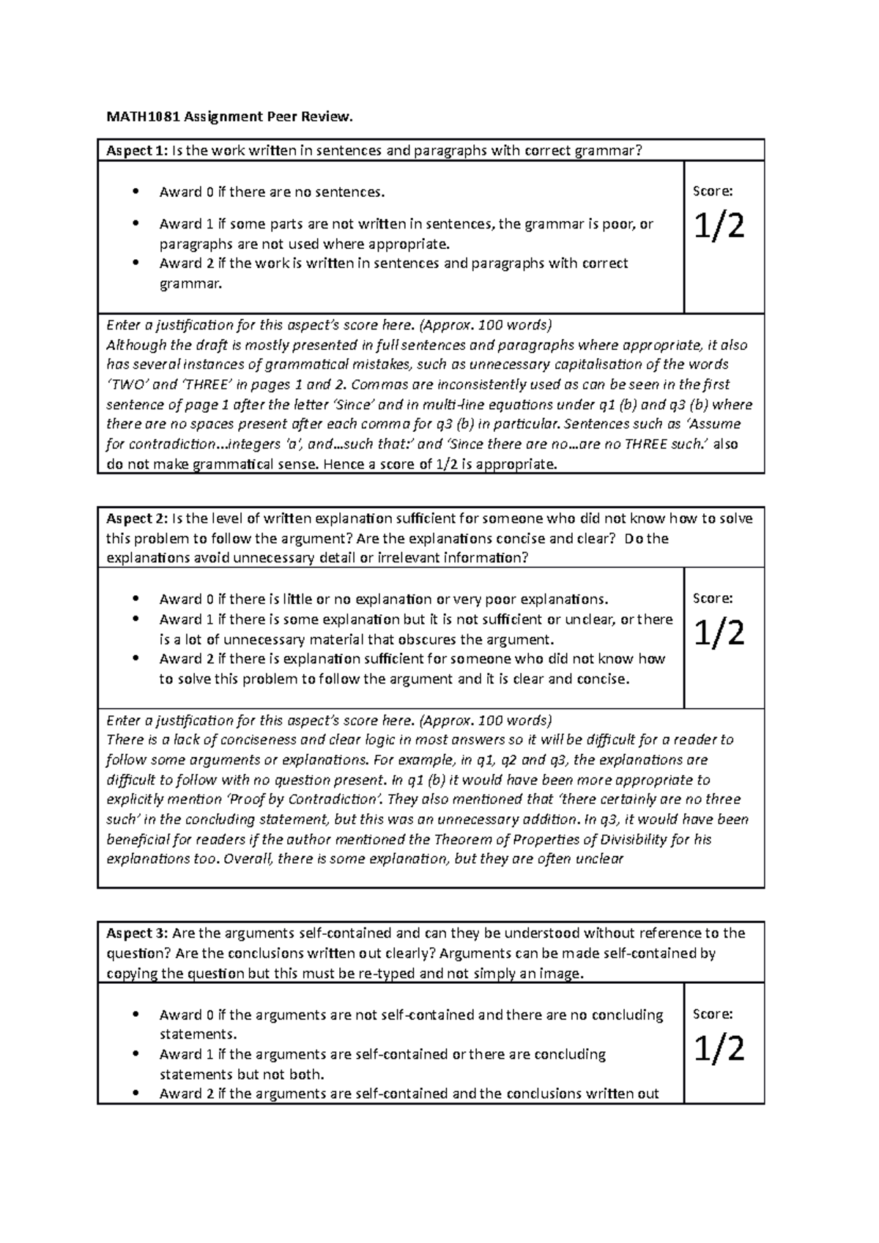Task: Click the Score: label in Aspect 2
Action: [x=713, y=599]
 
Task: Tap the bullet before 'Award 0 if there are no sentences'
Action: [x=135, y=193]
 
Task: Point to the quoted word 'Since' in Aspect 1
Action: [x=356, y=404]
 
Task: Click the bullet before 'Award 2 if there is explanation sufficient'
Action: [x=135, y=659]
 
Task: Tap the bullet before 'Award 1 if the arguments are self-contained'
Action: [x=135, y=1055]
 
